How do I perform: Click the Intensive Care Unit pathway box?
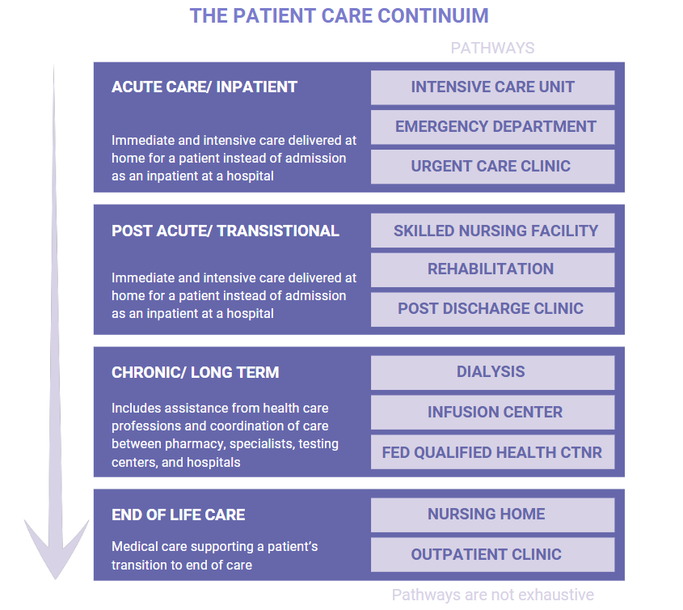point(492,87)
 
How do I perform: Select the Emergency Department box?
point(492,127)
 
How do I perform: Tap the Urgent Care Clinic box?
point(492,167)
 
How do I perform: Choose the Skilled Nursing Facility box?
point(492,231)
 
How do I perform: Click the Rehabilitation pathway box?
point(492,269)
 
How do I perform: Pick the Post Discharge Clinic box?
point(492,309)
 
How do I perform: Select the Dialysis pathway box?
point(492,372)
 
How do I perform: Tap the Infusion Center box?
point(492,412)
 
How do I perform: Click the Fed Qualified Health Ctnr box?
point(492,452)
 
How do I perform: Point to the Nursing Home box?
point(492,515)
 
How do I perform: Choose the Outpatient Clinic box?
point(492,554)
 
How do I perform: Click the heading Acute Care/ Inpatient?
point(204,87)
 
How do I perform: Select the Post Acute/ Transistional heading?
point(225,231)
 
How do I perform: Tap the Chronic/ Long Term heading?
point(195,373)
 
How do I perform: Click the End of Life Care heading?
point(178,515)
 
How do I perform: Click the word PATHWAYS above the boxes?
point(492,48)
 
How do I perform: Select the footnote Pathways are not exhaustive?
point(492,595)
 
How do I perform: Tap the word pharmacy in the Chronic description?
point(194,444)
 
